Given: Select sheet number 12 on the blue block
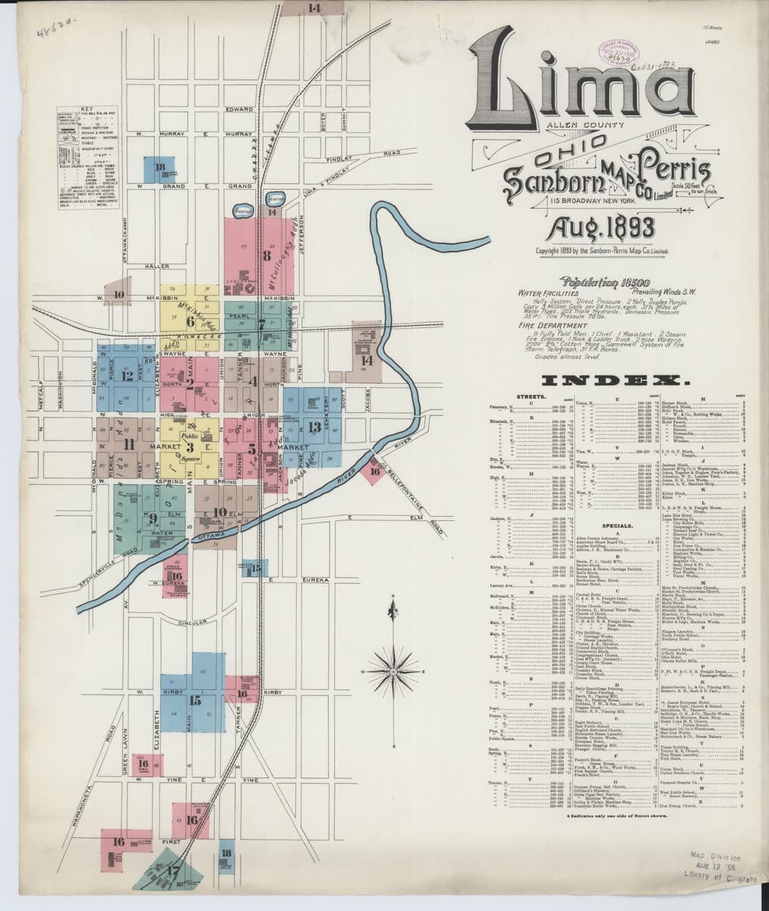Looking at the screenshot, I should tap(127, 375).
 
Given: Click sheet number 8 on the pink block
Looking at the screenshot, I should tap(266, 256).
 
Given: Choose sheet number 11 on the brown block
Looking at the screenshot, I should tap(129, 446).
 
